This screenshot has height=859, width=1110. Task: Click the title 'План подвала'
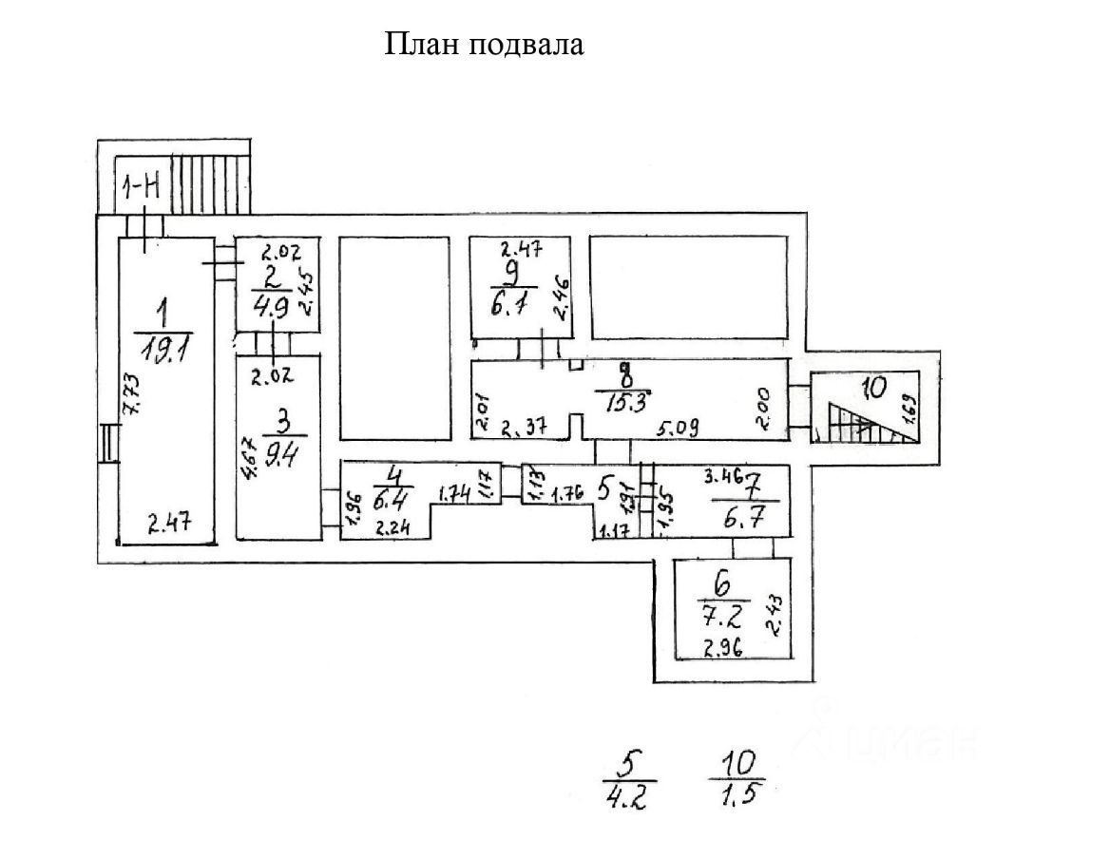pyautogui.click(x=484, y=45)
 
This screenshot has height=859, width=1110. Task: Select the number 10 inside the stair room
pyautogui.click(x=871, y=387)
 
